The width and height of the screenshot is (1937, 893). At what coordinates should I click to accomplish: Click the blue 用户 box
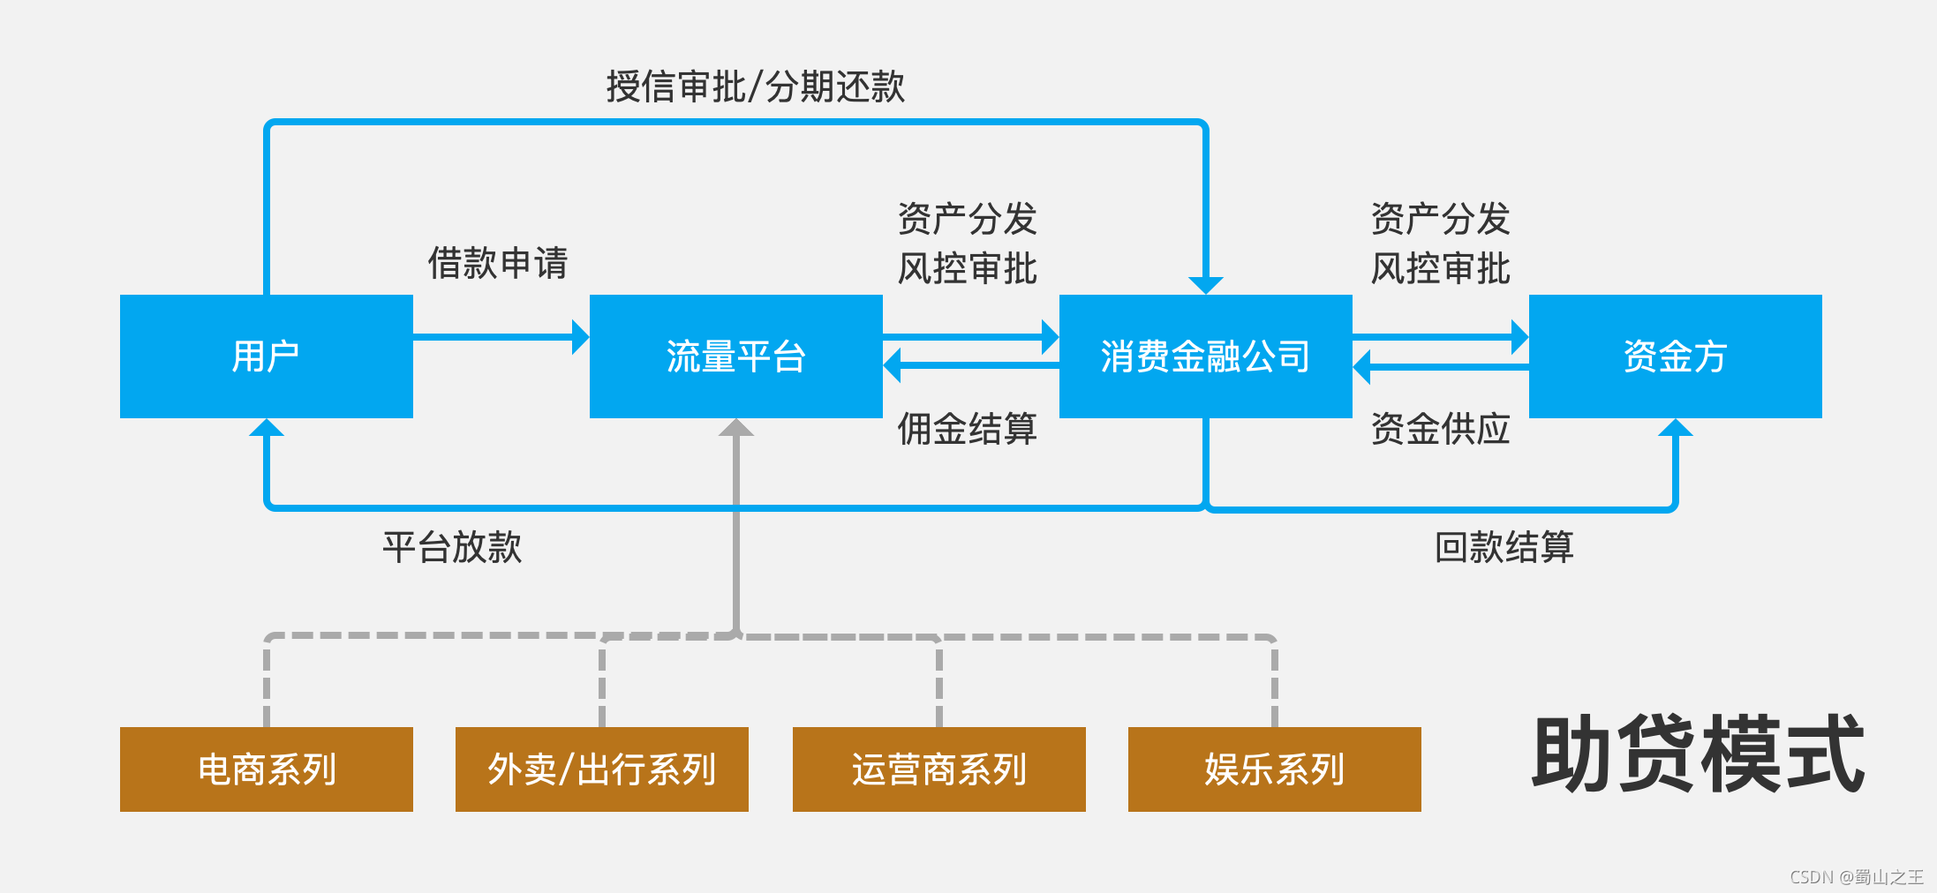point(266,356)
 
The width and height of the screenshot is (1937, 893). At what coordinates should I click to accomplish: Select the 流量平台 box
point(735,356)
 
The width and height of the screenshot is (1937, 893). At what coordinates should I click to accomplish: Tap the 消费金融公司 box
point(1205,356)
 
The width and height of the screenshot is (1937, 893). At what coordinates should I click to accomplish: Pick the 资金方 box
point(1675,356)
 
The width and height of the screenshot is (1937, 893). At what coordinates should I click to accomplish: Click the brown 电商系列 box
point(266,769)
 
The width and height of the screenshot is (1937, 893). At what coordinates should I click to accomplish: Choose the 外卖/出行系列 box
point(601,769)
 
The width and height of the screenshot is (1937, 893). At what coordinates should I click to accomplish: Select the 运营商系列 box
point(938,769)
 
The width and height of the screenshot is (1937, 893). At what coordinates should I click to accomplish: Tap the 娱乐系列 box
point(1274,769)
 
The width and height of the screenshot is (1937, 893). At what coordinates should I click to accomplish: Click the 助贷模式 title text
point(1698,754)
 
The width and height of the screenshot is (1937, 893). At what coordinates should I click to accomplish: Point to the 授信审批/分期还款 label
point(755,86)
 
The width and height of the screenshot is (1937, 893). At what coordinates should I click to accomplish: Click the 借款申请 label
point(497,263)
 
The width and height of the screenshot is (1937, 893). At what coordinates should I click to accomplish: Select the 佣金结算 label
point(967,429)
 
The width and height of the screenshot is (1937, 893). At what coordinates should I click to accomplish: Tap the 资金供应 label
point(1440,429)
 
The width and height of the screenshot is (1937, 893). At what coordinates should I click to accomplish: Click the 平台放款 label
point(451,547)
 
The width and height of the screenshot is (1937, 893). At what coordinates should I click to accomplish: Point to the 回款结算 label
point(1504,547)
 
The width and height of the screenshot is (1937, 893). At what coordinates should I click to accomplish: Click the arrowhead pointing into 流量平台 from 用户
point(580,337)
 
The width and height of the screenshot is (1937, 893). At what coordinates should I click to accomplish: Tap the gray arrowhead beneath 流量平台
point(735,428)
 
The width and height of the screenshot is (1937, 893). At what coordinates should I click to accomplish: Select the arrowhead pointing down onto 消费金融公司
point(1205,285)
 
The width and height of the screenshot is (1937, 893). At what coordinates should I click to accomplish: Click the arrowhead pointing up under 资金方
point(1675,428)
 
